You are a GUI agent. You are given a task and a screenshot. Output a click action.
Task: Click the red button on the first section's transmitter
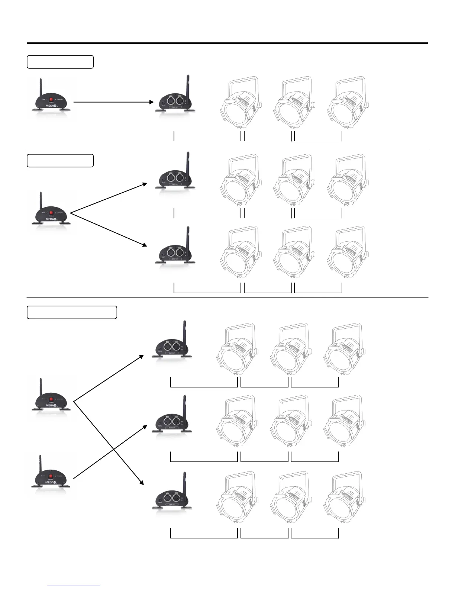click(51, 100)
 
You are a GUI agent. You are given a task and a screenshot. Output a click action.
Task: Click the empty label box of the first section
click(60, 62)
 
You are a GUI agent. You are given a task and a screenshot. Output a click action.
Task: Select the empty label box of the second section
click(60, 161)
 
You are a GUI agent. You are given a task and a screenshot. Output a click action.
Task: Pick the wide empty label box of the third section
click(72, 312)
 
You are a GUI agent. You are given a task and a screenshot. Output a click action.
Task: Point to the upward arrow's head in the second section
click(145, 184)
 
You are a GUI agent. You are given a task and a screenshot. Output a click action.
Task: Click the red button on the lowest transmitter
click(51, 476)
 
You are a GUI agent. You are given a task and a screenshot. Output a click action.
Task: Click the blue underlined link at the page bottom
click(74, 586)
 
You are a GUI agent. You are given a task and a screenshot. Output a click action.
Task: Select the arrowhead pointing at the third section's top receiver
click(141, 357)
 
